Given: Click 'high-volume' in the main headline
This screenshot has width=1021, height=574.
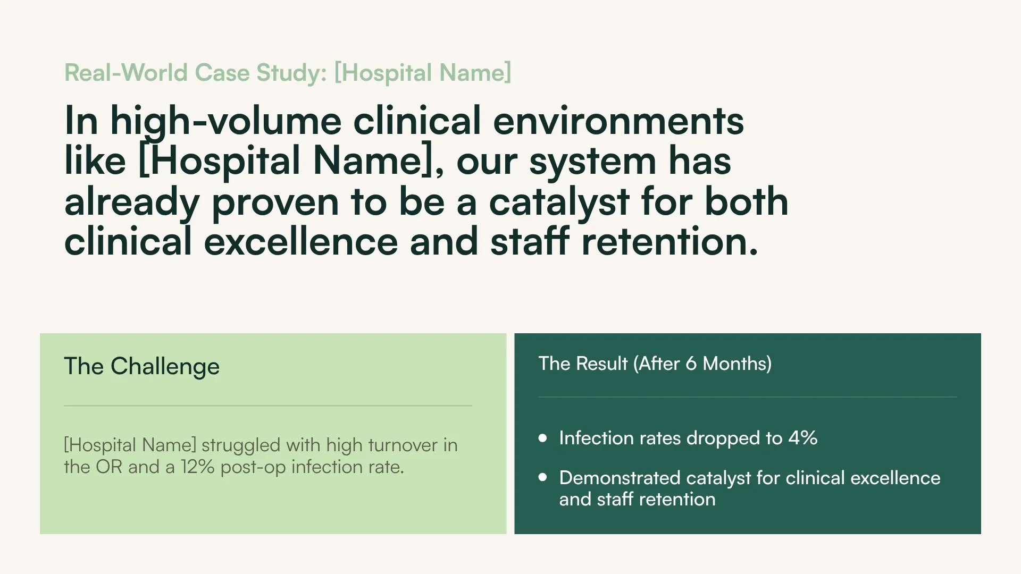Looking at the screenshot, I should coord(225,121).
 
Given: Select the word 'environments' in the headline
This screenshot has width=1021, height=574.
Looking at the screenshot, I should coord(618,121).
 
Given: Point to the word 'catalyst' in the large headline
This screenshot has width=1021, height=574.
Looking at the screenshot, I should coord(559,202).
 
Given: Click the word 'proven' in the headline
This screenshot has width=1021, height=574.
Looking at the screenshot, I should coord(275,202).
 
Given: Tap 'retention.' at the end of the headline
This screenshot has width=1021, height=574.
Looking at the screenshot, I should coord(669,242).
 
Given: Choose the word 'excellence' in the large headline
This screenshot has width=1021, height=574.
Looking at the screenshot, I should coord(300,242).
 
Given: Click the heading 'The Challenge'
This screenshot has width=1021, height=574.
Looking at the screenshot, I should coord(141,366).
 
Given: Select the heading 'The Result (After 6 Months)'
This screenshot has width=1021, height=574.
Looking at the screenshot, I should coord(655,364).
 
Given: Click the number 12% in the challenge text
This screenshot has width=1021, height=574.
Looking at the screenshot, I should coord(197,467).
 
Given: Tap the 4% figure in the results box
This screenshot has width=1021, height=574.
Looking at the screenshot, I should coord(802,438).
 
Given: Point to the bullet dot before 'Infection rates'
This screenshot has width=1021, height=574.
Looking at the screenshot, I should coord(542,438).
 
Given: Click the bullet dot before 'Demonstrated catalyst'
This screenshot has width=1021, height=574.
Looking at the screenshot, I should coord(542,477).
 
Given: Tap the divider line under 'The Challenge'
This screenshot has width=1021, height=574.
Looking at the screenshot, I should coord(267,406).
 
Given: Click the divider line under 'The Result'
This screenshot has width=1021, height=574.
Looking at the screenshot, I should coord(747,397).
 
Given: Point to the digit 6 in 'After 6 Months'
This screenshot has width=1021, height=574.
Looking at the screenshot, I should coord(691,364).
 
